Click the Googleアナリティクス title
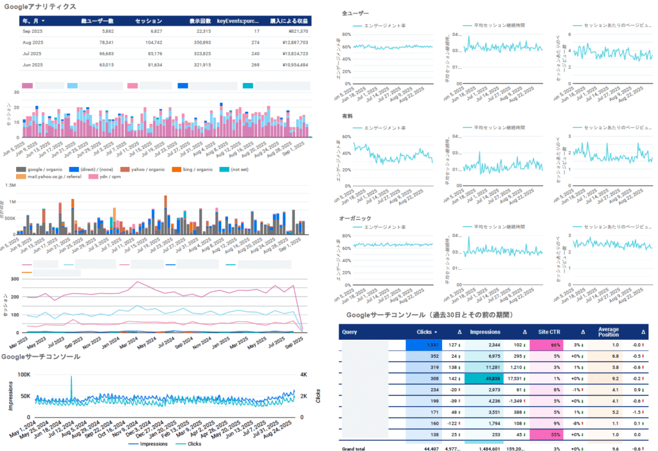tap(40, 6)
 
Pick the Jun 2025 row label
tap(32, 64)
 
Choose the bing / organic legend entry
tap(193, 169)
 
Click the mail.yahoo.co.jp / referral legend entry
tap(51, 176)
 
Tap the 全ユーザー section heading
tap(355, 13)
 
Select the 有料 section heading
tap(347, 116)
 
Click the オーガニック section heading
tap(354, 218)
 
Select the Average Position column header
tap(609, 332)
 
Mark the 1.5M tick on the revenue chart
tap(10, 185)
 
